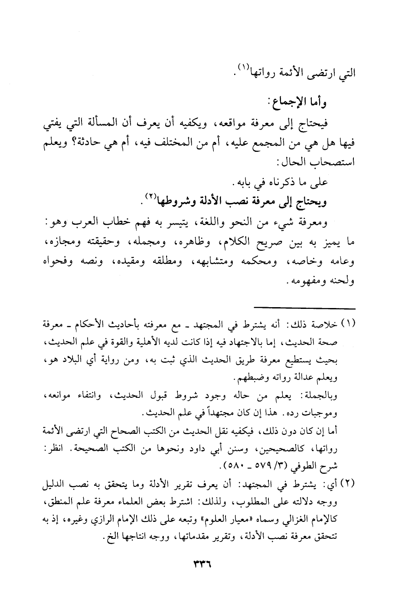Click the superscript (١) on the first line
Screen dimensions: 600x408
click(x=242, y=68)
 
